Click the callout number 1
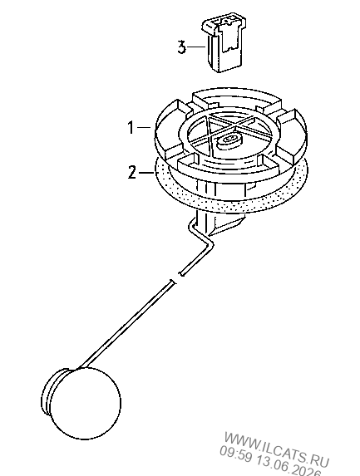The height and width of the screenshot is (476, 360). (x=131, y=127)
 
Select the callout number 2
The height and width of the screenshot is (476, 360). (x=132, y=173)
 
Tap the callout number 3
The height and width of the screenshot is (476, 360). (x=182, y=47)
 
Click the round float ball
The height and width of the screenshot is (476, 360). (x=86, y=403)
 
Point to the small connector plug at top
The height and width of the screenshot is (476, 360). (x=224, y=42)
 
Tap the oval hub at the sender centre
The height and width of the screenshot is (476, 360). (x=229, y=141)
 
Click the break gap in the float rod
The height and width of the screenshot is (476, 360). (x=178, y=278)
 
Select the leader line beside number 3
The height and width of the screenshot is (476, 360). (x=196, y=47)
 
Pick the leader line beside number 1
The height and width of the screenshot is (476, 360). (x=145, y=127)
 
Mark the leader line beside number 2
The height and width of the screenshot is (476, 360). (x=146, y=173)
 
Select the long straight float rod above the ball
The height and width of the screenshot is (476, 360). (x=126, y=326)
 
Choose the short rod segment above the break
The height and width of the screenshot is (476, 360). (x=196, y=259)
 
